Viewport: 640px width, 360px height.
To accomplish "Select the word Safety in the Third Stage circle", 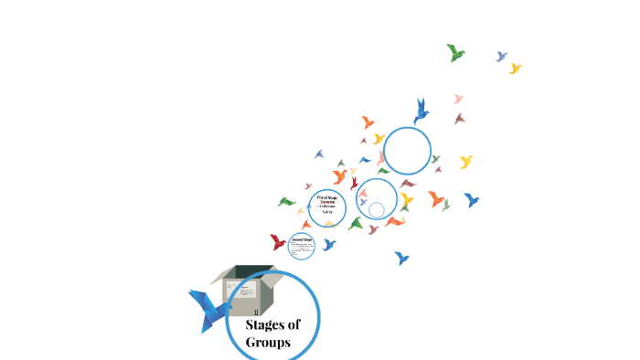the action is point(327,212).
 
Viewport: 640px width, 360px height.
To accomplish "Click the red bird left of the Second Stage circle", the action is point(278,242).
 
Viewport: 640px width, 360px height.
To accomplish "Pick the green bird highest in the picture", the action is point(455,52).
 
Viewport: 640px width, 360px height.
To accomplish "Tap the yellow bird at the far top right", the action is point(515,69).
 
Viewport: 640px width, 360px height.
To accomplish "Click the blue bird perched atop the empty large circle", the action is point(421,111).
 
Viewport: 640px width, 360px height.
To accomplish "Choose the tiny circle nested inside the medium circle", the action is point(376,209).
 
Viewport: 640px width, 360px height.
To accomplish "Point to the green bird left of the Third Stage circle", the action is point(287,202).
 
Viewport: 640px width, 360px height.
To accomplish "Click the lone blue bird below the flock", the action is point(401,258).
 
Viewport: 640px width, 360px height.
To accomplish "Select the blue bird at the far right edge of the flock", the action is point(472,199).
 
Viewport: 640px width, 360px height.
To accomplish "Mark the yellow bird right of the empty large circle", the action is point(466,162).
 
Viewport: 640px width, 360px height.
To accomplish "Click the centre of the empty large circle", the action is point(407,151).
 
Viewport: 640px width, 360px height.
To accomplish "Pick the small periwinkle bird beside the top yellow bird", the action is point(501,57).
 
